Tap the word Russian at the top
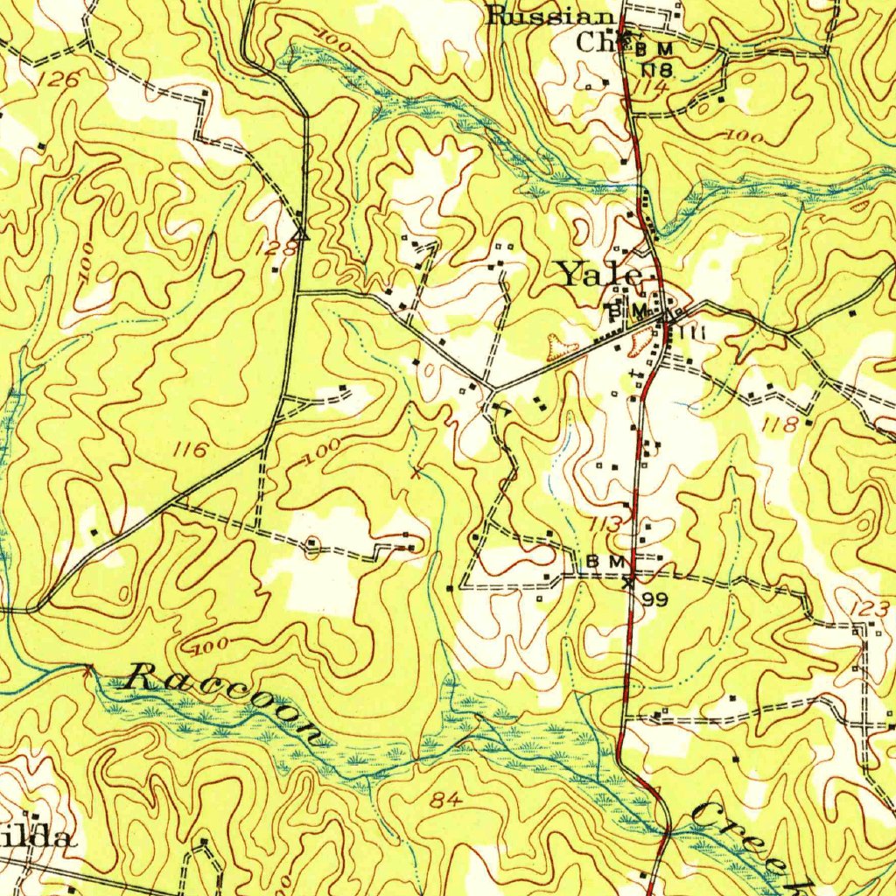click(x=551, y=16)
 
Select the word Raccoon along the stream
click(x=225, y=703)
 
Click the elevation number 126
click(x=59, y=80)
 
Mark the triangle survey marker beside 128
click(x=301, y=234)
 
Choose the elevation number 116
click(x=191, y=451)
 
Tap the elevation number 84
click(x=446, y=799)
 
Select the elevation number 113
click(x=606, y=523)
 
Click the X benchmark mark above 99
click(x=628, y=579)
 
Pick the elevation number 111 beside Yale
click(x=691, y=332)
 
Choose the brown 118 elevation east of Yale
click(x=779, y=424)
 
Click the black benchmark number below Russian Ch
click(x=655, y=67)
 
